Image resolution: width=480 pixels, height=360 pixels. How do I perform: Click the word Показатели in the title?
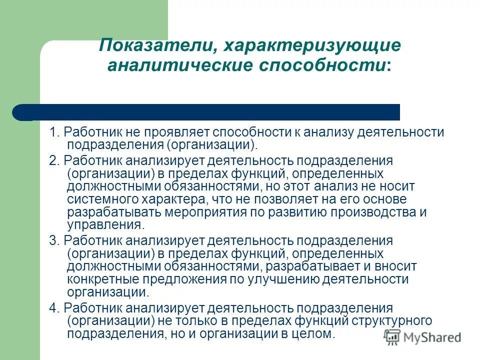click(x=157, y=46)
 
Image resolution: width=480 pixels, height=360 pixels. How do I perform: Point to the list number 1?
click(x=53, y=132)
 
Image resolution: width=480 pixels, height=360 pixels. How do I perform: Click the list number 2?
click(x=53, y=161)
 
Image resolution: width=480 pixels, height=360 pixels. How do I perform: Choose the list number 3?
click(x=53, y=240)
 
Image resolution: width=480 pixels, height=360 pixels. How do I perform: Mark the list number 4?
click(x=53, y=308)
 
